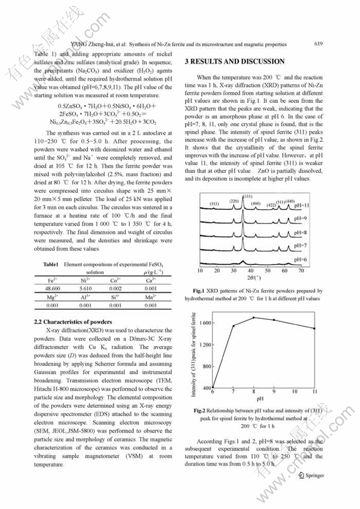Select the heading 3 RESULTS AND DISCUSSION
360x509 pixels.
point(235,61)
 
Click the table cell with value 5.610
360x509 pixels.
point(86,289)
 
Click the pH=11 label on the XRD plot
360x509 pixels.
point(302,205)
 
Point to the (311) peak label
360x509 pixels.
point(247,197)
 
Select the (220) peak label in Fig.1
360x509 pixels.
point(234,201)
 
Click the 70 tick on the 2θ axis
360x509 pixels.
point(301,271)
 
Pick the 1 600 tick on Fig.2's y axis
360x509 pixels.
point(205,323)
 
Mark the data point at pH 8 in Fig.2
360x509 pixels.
point(254,317)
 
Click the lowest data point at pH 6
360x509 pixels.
point(213,387)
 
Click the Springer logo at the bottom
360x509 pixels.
point(311,475)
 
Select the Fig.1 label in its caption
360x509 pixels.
point(199,291)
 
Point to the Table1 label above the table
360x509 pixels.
point(51,263)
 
